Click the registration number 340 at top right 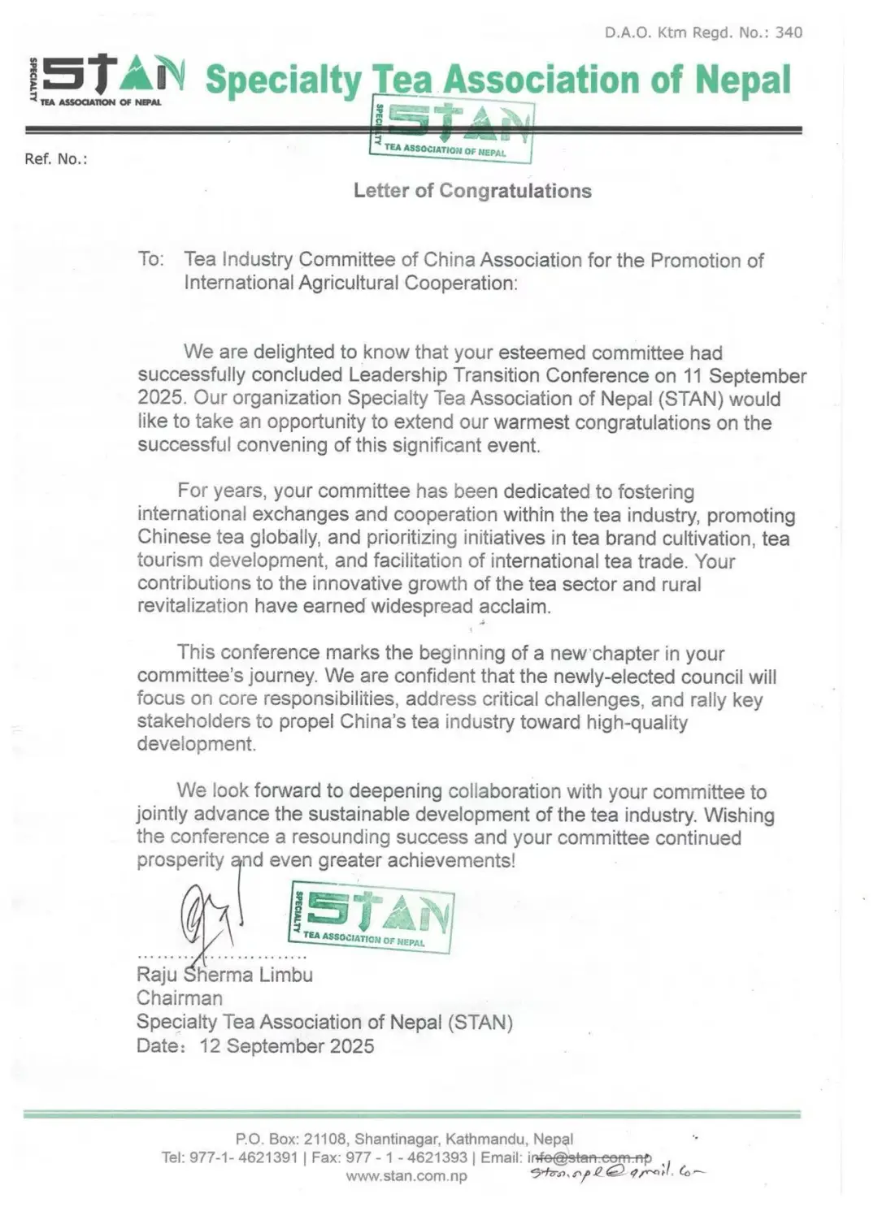pyautogui.click(x=789, y=32)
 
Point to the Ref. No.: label pyautogui.click(x=55, y=159)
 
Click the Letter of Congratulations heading pyautogui.click(x=472, y=191)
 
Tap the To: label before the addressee pyautogui.click(x=150, y=259)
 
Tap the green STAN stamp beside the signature pyautogui.click(x=372, y=918)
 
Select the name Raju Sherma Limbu pyautogui.click(x=224, y=975)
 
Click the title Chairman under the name pyautogui.click(x=179, y=998)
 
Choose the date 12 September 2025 pyautogui.click(x=286, y=1046)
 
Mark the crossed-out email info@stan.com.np pyautogui.click(x=589, y=1157)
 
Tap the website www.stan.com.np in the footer pyautogui.click(x=406, y=1176)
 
